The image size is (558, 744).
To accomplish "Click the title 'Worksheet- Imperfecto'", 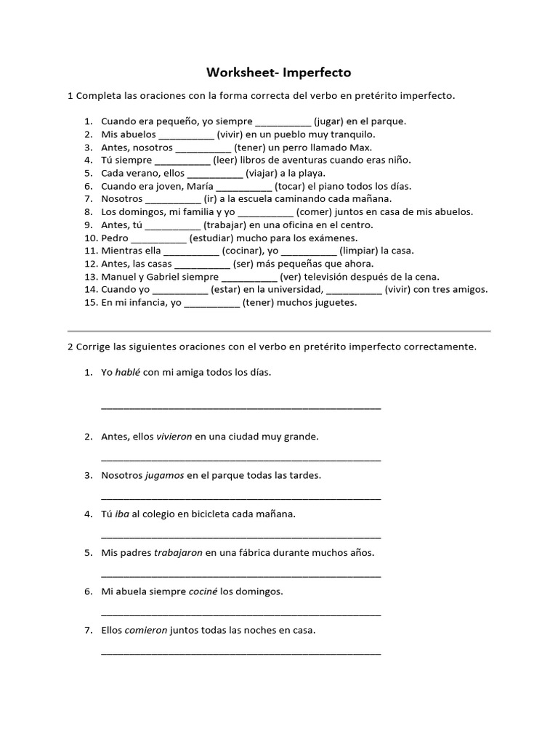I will pyautogui.click(x=279, y=73).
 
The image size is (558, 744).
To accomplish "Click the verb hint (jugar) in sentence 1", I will pyautogui.click(x=331, y=121).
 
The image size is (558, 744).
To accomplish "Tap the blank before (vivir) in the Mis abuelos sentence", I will pyautogui.click(x=186, y=134).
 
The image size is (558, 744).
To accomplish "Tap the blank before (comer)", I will pyautogui.click(x=266, y=212).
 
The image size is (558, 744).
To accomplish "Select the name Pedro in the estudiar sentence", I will pyautogui.click(x=115, y=238).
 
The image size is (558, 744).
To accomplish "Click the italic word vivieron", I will pyautogui.click(x=174, y=437).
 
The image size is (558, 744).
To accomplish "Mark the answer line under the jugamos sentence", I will pyautogui.click(x=240, y=498).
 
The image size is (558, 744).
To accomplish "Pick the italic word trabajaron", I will pyautogui.click(x=178, y=553).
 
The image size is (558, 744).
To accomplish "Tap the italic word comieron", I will pyautogui.click(x=146, y=631).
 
